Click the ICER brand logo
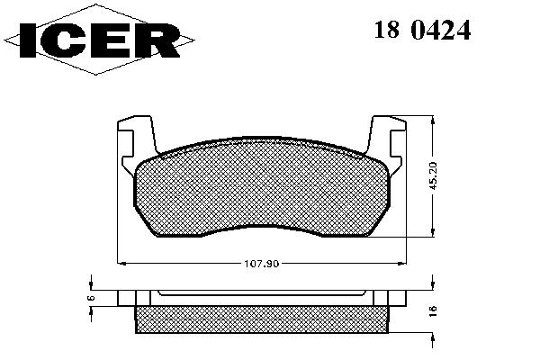pyautogui.click(x=99, y=40)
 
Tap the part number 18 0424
pyautogui.click(x=422, y=30)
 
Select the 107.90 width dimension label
pyautogui.click(x=261, y=264)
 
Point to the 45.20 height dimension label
pyautogui.click(x=433, y=175)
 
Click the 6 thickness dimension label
pyautogui.click(x=91, y=298)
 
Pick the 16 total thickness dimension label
pyautogui.click(x=433, y=310)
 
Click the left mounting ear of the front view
pyautogui.click(x=138, y=145)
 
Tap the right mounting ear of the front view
pyautogui.click(x=386, y=145)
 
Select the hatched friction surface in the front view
pyautogui.click(x=262, y=188)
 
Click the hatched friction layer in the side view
pyautogui.click(x=262, y=319)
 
